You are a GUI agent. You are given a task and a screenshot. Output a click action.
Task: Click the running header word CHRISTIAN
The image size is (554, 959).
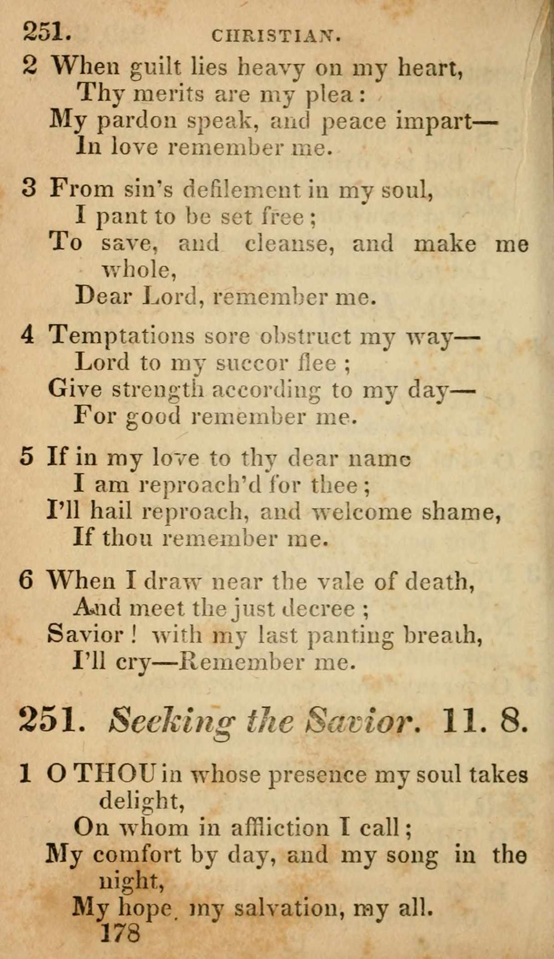(276, 36)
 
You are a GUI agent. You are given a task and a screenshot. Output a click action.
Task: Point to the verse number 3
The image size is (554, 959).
(29, 188)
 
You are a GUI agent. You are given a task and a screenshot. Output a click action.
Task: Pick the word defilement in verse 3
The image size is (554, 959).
(241, 189)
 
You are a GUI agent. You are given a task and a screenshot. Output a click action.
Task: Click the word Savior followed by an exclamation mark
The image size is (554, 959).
(85, 634)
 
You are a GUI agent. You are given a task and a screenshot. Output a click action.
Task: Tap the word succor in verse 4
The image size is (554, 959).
(251, 363)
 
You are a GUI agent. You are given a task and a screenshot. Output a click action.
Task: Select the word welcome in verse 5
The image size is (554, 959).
(361, 512)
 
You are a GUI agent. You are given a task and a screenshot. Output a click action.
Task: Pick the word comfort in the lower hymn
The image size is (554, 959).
(137, 854)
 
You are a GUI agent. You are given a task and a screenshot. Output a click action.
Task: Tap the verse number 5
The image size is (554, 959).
(27, 457)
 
